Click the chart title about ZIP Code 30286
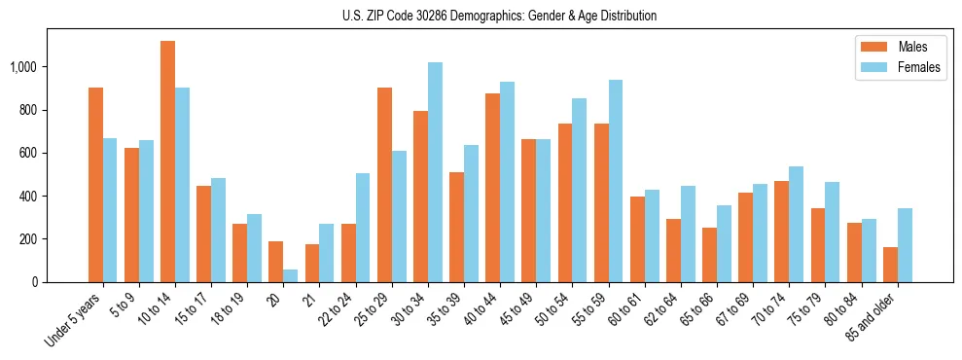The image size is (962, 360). click(x=499, y=16)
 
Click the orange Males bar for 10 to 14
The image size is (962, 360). click(x=167, y=162)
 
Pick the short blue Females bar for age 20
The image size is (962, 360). click(x=290, y=275)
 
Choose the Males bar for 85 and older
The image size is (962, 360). click(x=890, y=265)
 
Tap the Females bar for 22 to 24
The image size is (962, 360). click(x=363, y=228)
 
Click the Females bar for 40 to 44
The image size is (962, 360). click(x=507, y=182)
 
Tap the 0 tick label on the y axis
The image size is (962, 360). click(x=33, y=282)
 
